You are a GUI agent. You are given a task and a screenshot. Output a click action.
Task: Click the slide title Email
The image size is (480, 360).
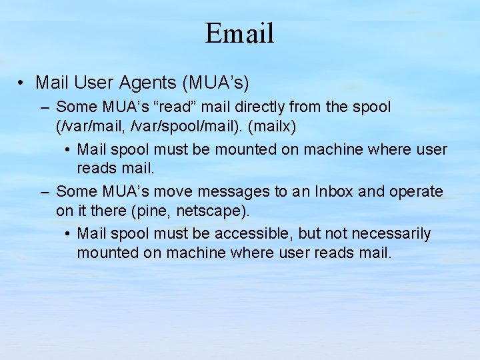click(239, 33)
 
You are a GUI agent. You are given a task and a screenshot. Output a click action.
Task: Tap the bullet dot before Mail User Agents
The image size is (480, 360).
click(22, 83)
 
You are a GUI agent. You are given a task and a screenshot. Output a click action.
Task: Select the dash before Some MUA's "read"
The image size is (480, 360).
click(45, 107)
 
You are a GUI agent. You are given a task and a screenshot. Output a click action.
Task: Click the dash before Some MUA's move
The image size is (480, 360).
click(45, 193)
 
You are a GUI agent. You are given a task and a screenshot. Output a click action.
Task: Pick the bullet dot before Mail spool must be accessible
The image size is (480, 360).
click(69, 235)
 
